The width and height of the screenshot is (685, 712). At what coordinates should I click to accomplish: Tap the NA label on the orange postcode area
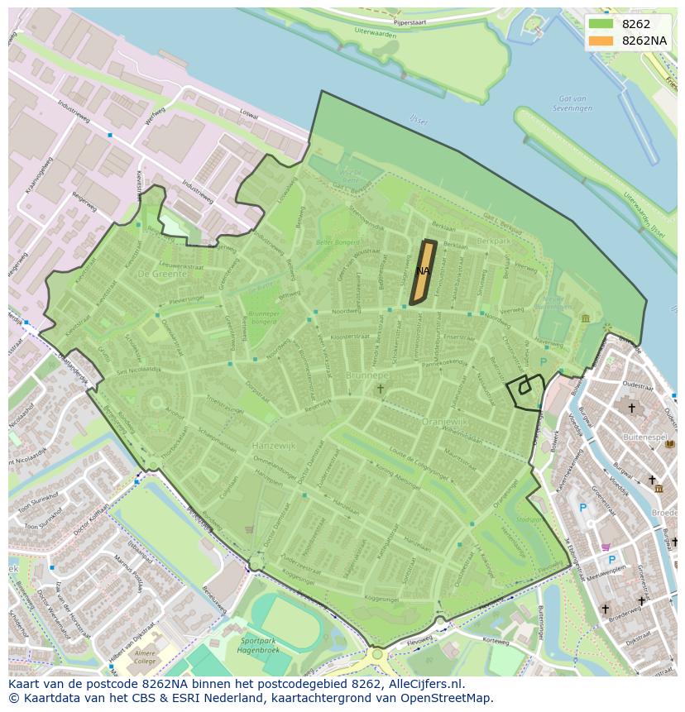pyautogui.click(x=423, y=271)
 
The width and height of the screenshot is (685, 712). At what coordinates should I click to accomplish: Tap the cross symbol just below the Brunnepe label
pyautogui.click(x=381, y=389)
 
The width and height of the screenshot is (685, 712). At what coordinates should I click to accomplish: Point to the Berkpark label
pyautogui.click(x=494, y=241)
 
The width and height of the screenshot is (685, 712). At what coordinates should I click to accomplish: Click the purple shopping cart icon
pyautogui.click(x=606, y=546)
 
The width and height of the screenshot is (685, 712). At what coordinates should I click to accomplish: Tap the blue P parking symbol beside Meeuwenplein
pyautogui.click(x=611, y=560)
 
